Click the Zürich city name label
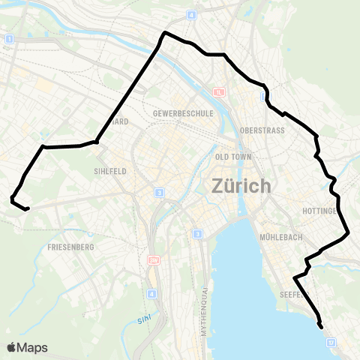click(x=241, y=185)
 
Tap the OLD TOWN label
click(x=232, y=157)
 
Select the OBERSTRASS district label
click(x=259, y=130)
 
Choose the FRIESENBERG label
click(x=70, y=246)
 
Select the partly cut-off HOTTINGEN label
click(x=343, y=212)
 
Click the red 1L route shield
click(x=219, y=92)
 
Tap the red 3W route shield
click(x=154, y=259)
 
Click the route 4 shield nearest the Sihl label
click(x=152, y=294)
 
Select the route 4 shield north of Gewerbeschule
click(x=191, y=15)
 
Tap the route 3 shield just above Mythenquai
click(x=197, y=234)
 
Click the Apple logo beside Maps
click(x=12, y=347)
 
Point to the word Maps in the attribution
click(x=33, y=347)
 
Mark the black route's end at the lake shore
click(x=322, y=327)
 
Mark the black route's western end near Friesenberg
click(x=27, y=209)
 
